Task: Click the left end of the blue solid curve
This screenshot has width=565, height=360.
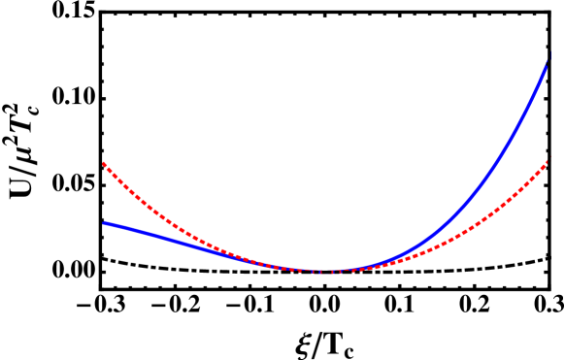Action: pyautogui.click(x=105, y=223)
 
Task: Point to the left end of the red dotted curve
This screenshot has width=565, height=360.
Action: pyautogui.click(x=104, y=163)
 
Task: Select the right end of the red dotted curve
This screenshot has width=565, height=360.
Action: pyautogui.click(x=547, y=161)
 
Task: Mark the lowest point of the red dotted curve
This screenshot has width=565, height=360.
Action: pyautogui.click(x=325, y=272)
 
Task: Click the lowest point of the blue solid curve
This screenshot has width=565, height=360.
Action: pyautogui.click(x=322, y=271)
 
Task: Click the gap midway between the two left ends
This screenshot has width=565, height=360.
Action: pyautogui.click(x=105, y=193)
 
